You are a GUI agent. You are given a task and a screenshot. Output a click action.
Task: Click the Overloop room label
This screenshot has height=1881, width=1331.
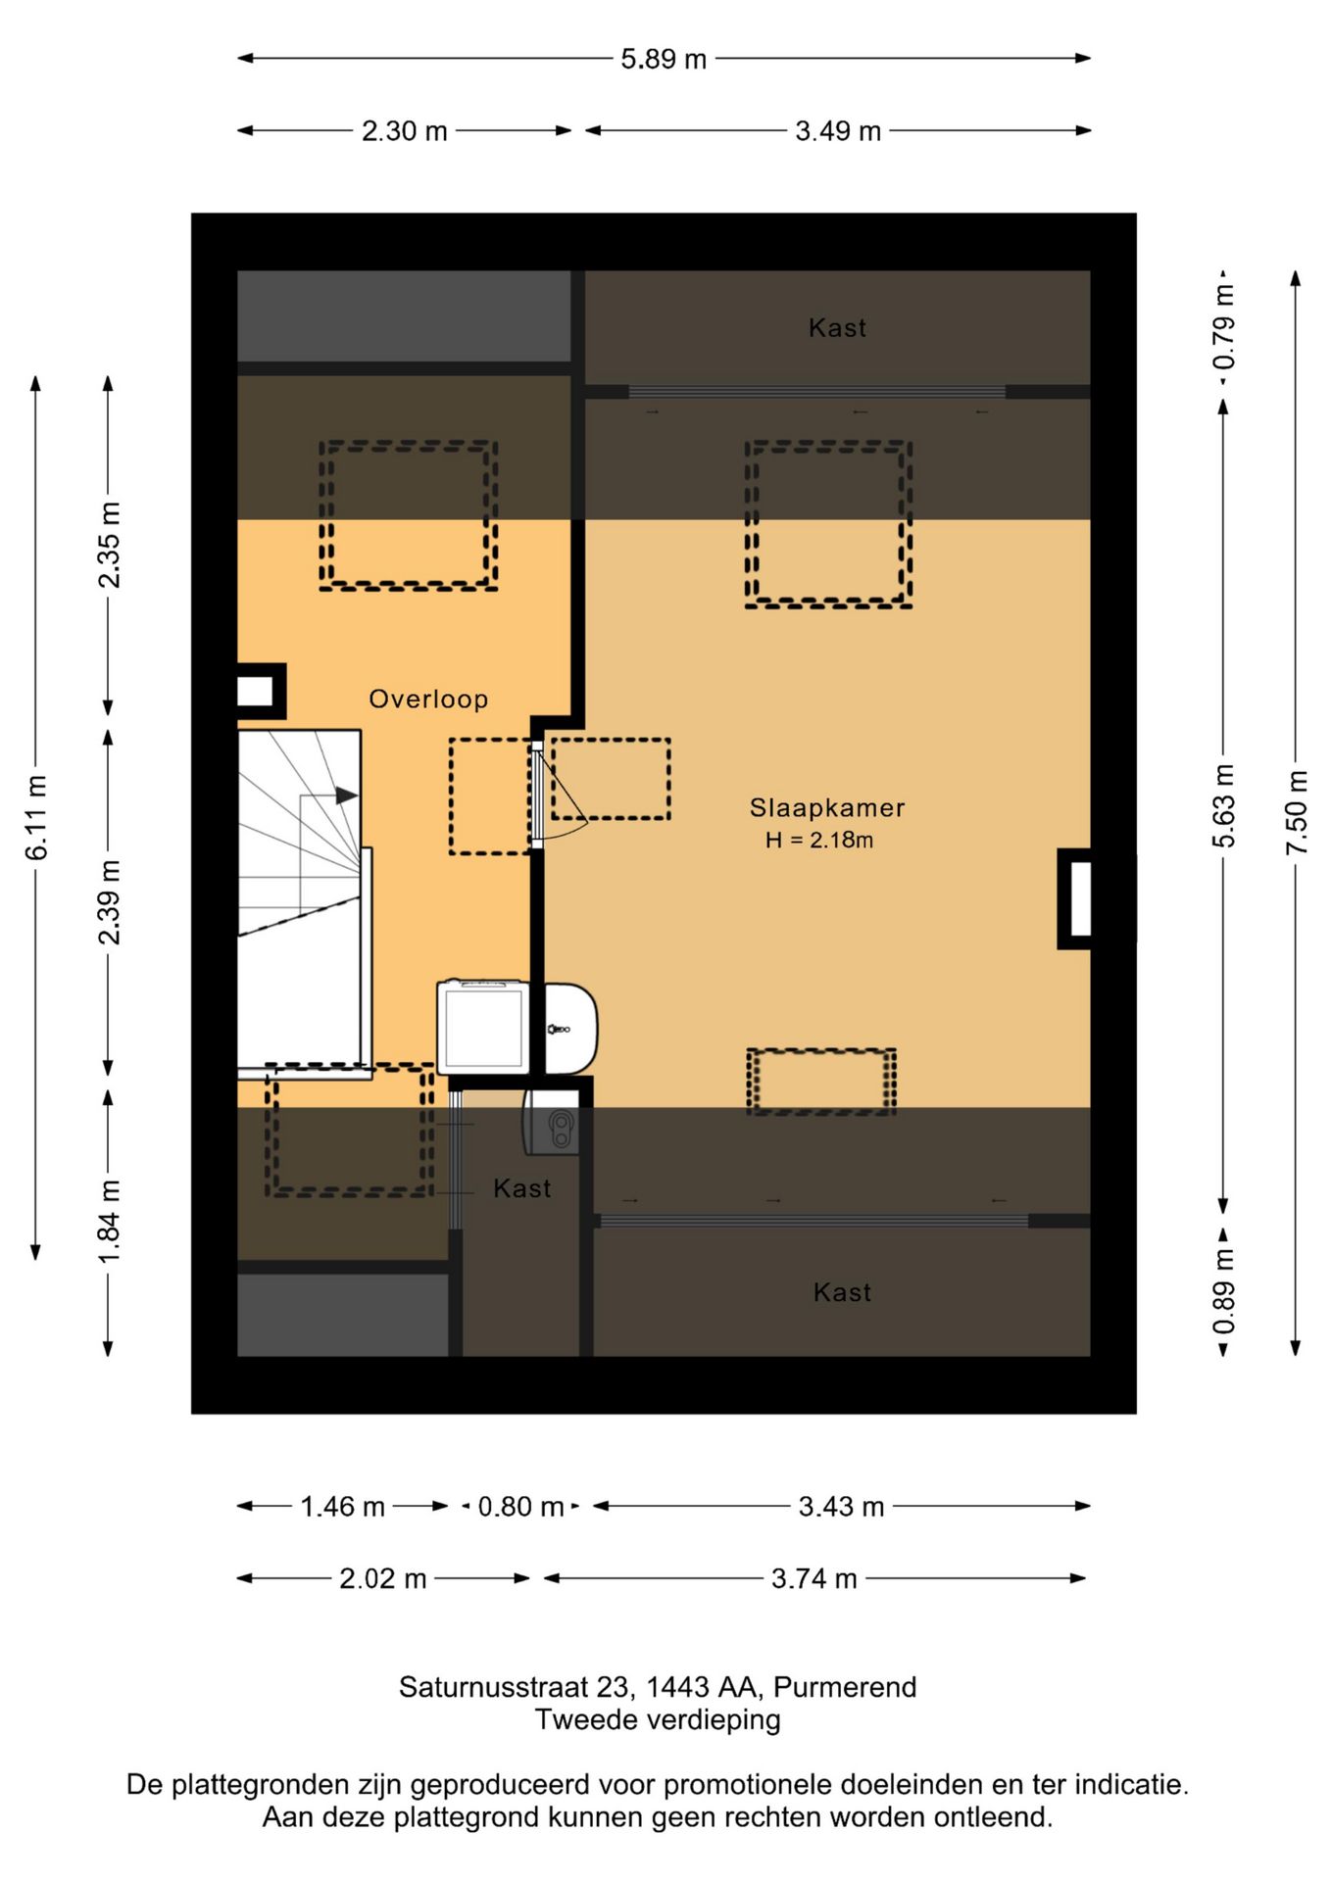(x=428, y=699)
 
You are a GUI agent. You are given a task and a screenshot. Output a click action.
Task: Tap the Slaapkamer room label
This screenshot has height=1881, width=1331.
(x=827, y=808)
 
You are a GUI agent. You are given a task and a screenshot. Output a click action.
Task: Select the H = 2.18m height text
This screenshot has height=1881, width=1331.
(x=819, y=840)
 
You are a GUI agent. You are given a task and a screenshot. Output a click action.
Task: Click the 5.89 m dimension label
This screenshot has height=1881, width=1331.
(x=664, y=59)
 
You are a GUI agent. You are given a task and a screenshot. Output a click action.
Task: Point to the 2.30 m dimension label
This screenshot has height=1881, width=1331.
(x=405, y=131)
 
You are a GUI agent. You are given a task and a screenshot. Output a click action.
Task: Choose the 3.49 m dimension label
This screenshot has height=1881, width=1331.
(x=838, y=131)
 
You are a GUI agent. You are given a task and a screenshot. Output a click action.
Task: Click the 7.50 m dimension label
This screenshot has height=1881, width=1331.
(x=1297, y=812)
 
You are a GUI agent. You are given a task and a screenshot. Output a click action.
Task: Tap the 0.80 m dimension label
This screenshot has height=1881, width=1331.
(x=520, y=1507)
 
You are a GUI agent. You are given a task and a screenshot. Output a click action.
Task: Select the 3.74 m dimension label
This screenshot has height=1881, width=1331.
(x=814, y=1579)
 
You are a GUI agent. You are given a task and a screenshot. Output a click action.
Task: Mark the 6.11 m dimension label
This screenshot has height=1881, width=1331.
(x=36, y=818)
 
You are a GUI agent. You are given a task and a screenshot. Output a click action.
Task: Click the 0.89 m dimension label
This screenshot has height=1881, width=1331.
(x=1224, y=1292)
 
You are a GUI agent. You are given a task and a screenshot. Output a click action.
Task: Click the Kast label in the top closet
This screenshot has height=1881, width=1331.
(x=837, y=328)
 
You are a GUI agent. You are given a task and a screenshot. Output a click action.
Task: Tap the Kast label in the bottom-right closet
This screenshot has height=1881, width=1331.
(x=842, y=1293)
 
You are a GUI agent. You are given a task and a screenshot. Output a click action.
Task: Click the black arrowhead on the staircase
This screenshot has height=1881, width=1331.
(x=347, y=796)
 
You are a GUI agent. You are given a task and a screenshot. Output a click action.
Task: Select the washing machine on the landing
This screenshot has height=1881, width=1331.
(x=483, y=1027)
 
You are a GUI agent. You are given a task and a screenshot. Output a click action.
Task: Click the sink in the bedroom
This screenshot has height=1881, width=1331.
(x=570, y=1029)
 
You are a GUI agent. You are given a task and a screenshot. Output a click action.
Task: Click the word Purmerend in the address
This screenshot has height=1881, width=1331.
(x=845, y=1687)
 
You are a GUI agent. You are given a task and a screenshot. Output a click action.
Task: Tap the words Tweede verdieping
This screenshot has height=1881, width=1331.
(x=658, y=1719)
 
